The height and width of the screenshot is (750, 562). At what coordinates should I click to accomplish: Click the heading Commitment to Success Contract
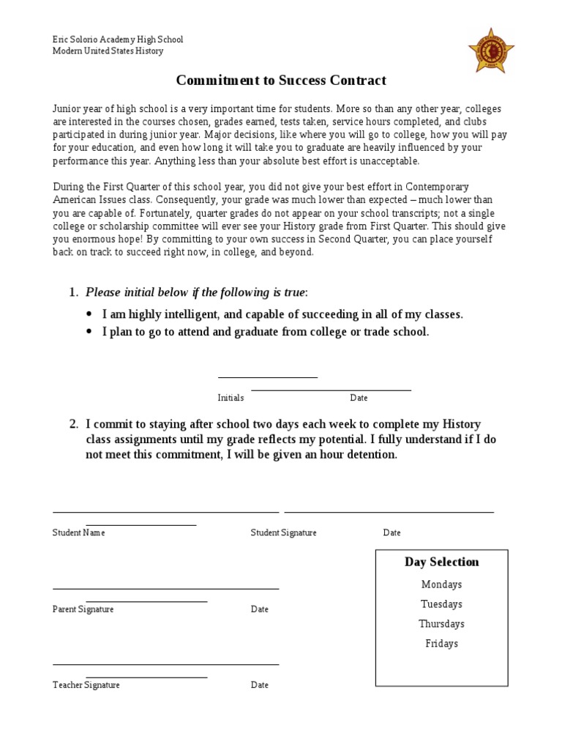click(x=281, y=80)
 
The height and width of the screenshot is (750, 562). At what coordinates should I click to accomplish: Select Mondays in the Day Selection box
click(x=441, y=584)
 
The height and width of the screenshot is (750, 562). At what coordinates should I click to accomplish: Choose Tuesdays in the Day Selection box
click(x=441, y=604)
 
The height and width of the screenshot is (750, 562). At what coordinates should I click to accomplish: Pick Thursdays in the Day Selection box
click(x=441, y=624)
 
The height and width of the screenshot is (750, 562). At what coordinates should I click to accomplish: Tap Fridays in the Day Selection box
click(x=441, y=644)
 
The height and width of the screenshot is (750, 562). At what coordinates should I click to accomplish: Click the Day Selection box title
click(x=442, y=562)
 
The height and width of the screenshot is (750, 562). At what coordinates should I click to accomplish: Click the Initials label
click(x=231, y=398)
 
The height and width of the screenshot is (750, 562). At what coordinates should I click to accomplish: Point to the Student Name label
click(x=78, y=532)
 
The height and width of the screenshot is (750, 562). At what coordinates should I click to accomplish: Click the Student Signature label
click(x=283, y=532)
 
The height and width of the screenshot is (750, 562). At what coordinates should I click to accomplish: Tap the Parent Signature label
click(x=83, y=609)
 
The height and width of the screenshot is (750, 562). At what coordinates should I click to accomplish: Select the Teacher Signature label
click(x=86, y=685)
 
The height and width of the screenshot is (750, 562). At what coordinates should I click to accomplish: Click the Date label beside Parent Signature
click(x=260, y=609)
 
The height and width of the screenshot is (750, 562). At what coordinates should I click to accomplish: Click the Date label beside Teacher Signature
click(x=260, y=685)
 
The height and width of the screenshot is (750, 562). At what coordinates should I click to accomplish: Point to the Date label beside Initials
click(x=359, y=398)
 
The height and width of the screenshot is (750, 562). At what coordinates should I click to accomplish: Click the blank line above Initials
click(x=268, y=377)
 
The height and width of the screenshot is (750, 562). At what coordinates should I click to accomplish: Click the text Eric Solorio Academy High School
click(x=117, y=40)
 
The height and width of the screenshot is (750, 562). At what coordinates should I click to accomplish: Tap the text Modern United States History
click(x=108, y=51)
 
